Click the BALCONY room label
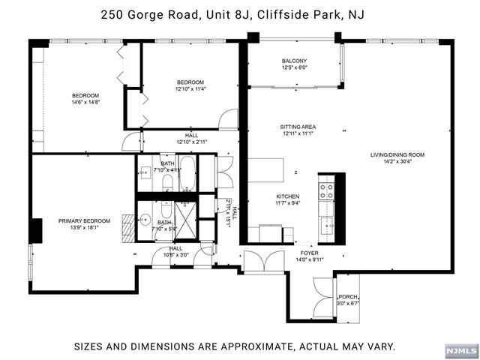point(294,61)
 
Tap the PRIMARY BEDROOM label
point(84,221)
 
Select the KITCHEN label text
point(288,196)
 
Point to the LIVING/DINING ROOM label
point(397,155)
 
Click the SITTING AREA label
point(298,127)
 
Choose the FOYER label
point(310,253)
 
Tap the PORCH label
point(348,297)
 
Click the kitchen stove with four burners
point(326,191)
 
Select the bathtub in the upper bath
point(187,173)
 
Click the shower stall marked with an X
point(186,220)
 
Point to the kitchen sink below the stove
point(327,226)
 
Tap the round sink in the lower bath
point(144,219)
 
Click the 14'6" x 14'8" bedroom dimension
point(85,102)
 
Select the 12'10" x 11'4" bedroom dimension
point(190,89)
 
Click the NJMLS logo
point(462,350)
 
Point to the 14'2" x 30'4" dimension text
point(397,162)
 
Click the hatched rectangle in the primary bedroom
point(128,229)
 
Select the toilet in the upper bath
point(167,182)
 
